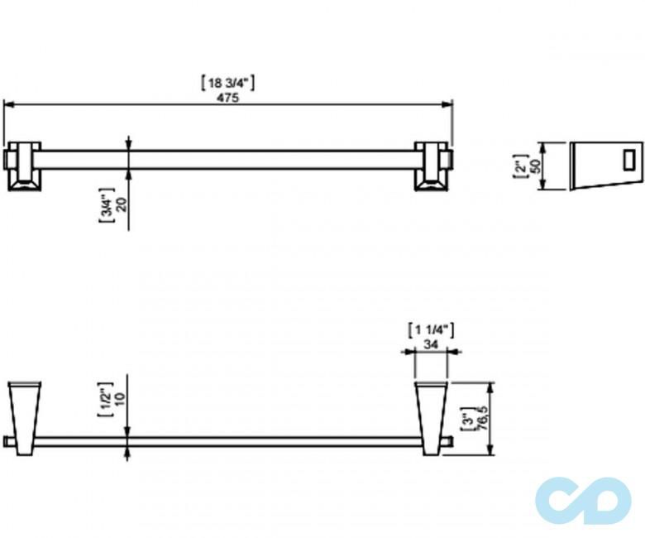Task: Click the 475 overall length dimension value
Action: pos(228,98)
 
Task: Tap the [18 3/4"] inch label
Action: pos(227,83)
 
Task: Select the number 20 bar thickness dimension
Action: pos(122,204)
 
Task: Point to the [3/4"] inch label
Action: pos(106,205)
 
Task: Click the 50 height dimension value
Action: pos(535,166)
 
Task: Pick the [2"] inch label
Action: pos(520,166)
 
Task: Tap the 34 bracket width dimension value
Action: pos(431,344)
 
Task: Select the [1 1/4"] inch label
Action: pos(431,330)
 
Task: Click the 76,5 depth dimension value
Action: pos(483,419)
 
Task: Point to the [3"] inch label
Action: pos(466,419)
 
